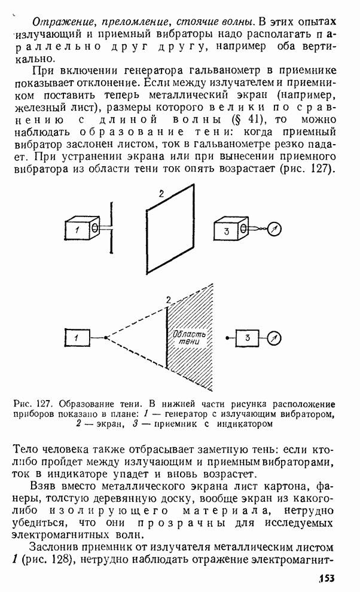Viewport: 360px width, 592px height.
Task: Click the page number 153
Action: pos(326,578)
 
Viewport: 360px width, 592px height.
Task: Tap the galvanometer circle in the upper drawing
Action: pos(274,228)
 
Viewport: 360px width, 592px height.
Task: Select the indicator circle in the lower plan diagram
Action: pos(274,338)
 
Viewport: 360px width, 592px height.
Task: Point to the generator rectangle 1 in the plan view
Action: pos(78,338)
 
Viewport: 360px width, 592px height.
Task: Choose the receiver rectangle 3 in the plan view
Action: pos(247,338)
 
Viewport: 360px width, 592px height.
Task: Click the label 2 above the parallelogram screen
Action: pos(160,193)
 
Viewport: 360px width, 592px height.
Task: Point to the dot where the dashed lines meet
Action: pos(106,338)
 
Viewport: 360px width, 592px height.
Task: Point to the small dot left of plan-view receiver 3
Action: pos(227,338)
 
